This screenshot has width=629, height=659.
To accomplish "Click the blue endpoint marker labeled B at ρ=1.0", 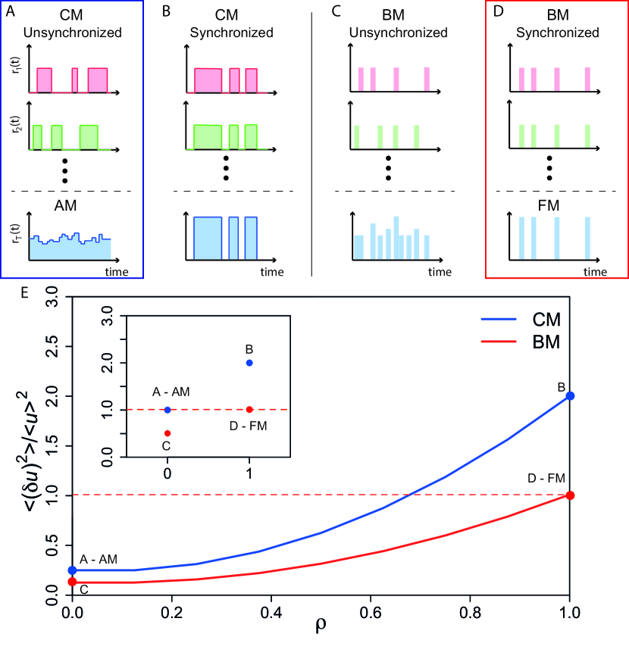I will point(570,395).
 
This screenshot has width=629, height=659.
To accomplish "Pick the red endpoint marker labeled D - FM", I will point(570,495).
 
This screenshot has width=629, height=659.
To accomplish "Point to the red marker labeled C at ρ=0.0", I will point(72,582).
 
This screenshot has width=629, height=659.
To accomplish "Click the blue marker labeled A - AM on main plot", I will point(72,570).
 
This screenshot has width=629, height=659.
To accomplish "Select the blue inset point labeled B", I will point(249,363).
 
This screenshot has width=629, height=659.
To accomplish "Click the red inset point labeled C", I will point(167,433).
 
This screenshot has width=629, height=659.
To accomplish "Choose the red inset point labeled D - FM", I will point(249,410).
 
